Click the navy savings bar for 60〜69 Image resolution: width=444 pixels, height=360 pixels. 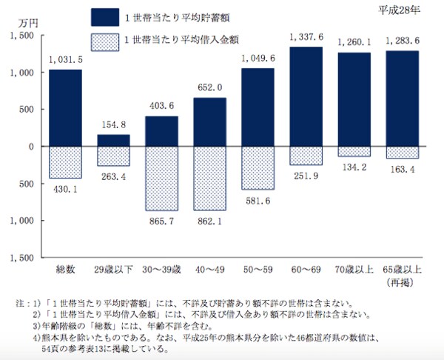click(305, 96)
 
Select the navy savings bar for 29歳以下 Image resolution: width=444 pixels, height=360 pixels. click(113, 140)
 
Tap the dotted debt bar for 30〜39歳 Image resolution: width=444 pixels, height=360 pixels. click(161, 179)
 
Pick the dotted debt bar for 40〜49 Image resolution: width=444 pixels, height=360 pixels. click(209, 179)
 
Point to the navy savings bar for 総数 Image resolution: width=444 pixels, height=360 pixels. click(65, 107)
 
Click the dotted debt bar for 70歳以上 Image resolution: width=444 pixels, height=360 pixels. click(353, 152)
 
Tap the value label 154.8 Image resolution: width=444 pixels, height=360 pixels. click(113, 126)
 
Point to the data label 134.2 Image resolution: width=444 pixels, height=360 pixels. click(353, 167)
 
